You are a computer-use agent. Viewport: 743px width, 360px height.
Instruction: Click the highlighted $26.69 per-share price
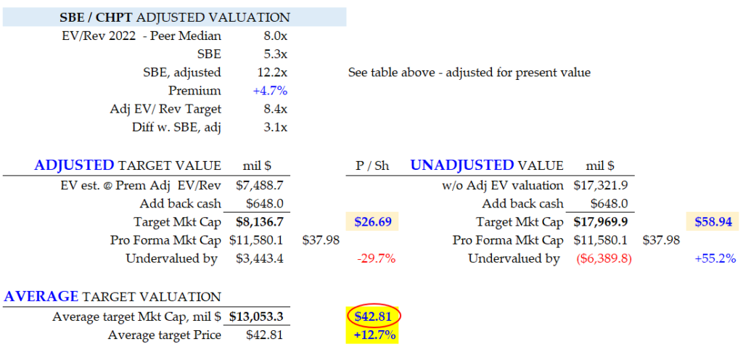[x=374, y=222]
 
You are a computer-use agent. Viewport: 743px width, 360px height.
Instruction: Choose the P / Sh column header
[x=374, y=165]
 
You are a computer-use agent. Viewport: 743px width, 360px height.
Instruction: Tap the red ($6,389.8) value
[x=605, y=259]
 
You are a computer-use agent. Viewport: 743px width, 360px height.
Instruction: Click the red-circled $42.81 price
[x=374, y=316]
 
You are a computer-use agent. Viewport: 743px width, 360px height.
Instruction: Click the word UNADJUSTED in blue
[x=462, y=165]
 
